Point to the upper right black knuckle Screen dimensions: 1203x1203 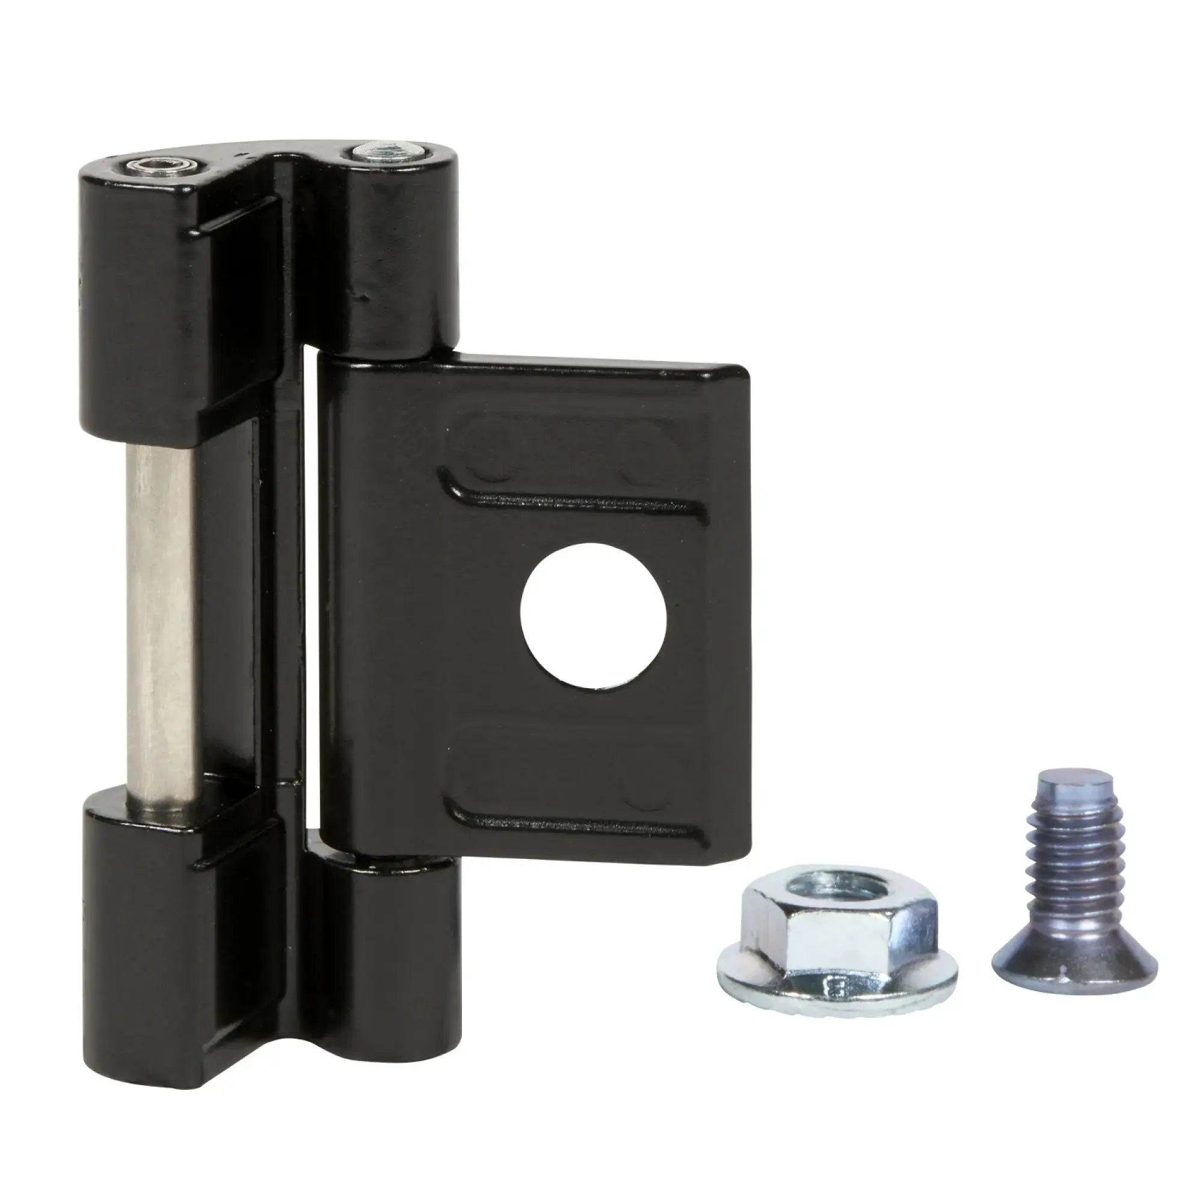[399, 262]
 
